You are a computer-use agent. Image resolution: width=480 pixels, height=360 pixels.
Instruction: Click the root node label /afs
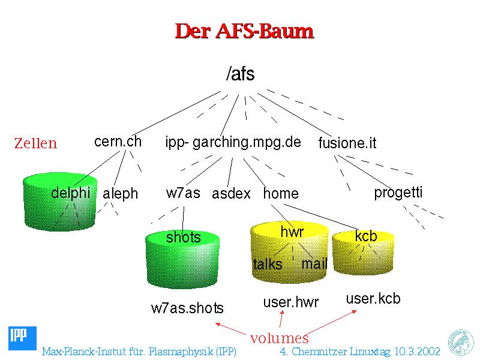[241, 74]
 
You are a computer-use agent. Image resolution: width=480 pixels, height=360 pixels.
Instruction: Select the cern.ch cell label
[118, 142]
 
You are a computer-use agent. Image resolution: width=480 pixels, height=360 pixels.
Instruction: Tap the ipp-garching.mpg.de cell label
[233, 142]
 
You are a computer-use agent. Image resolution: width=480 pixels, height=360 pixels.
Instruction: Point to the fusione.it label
[347, 143]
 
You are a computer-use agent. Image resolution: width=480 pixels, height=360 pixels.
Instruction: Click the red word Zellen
[35, 143]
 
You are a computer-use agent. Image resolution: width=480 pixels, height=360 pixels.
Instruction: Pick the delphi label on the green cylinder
[71, 193]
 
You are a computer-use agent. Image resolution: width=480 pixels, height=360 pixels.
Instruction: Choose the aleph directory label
[121, 194]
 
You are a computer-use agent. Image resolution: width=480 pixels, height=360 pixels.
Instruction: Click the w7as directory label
[183, 193]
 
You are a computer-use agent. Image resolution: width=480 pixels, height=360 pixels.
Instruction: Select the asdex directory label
[231, 193]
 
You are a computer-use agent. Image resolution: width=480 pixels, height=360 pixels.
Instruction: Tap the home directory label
[281, 193]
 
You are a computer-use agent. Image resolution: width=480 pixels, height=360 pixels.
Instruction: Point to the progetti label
[398, 193]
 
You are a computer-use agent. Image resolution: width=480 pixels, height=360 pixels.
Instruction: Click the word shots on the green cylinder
[183, 237]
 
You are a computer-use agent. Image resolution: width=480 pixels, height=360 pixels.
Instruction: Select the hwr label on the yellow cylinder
[292, 232]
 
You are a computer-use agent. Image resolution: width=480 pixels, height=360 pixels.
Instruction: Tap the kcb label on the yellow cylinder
[366, 236]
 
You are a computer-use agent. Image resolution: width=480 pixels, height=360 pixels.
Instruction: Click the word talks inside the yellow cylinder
[268, 264]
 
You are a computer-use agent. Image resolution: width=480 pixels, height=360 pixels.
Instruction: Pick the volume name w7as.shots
[187, 308]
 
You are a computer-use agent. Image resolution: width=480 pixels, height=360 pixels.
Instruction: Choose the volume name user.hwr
[291, 302]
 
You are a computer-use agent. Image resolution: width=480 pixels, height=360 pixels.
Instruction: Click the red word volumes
[279, 338]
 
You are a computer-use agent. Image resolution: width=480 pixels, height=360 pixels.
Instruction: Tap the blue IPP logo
[22, 338]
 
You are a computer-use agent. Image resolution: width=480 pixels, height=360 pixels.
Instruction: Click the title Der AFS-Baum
[244, 31]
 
